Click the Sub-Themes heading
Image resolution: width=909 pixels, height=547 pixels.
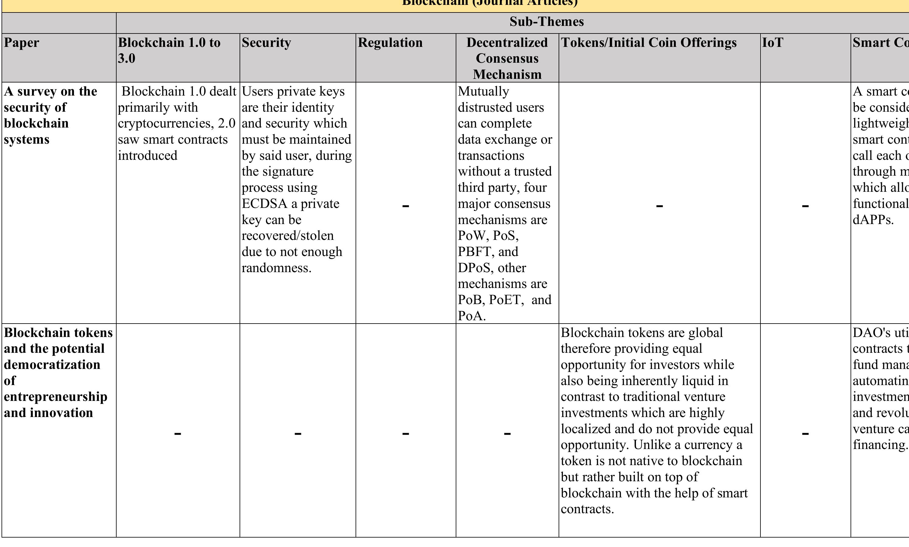click(546, 22)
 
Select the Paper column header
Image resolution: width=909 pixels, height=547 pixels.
click(21, 43)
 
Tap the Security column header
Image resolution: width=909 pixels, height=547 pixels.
click(266, 43)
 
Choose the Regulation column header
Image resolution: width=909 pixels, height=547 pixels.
click(390, 43)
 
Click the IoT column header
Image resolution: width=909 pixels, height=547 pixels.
click(772, 43)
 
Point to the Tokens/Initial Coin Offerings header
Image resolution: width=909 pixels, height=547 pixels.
click(648, 43)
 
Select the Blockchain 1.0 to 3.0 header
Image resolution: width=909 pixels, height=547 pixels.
click(169, 51)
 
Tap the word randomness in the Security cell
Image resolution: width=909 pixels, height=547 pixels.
click(276, 268)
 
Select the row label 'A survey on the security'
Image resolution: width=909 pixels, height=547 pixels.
click(51, 100)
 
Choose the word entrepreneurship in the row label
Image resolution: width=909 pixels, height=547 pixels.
click(55, 397)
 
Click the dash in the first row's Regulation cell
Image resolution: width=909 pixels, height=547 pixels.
click(405, 206)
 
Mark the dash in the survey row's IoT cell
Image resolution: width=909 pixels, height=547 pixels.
click(805, 206)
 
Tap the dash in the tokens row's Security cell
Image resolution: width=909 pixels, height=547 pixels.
click(297, 434)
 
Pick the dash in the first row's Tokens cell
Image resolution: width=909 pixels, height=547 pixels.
click(659, 206)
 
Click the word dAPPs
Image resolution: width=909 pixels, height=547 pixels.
click(872, 220)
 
